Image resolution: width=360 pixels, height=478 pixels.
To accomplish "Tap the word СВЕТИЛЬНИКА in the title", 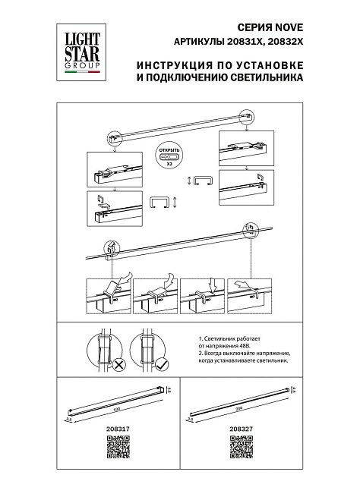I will point(266,78).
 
